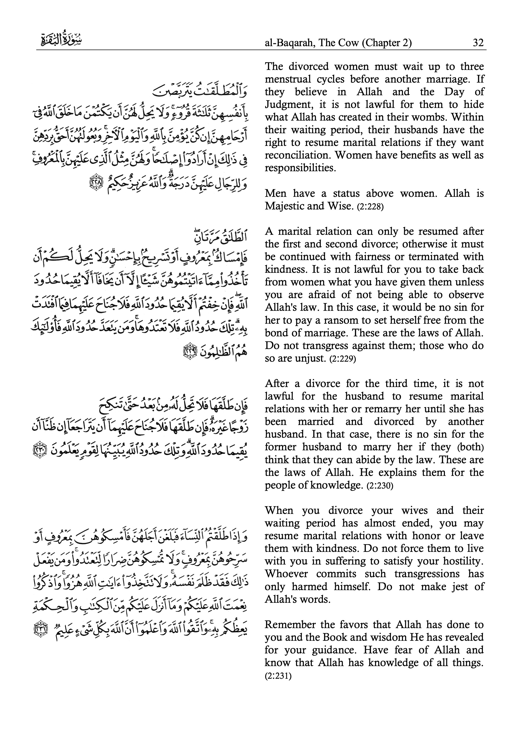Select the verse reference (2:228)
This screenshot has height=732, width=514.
(370, 207)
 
